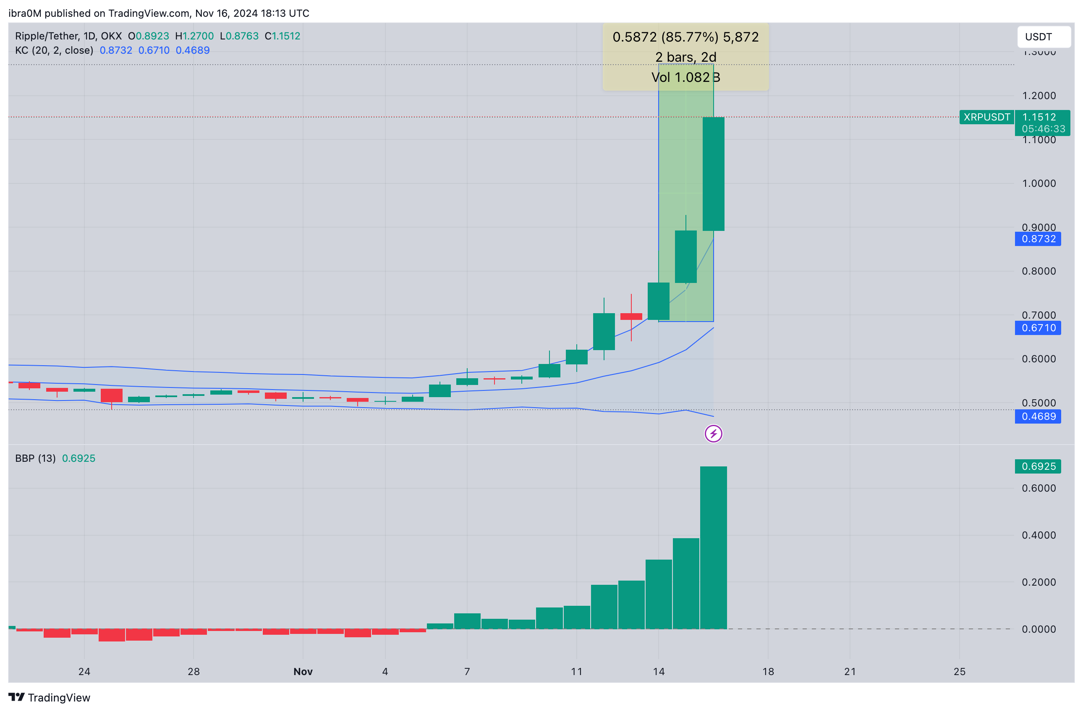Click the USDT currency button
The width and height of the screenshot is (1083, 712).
(1043, 37)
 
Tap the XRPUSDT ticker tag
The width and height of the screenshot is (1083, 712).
(986, 117)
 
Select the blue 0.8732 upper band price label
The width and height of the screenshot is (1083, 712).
(1038, 239)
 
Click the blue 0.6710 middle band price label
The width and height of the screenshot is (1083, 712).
(1038, 327)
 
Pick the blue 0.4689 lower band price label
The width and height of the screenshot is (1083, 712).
(1038, 416)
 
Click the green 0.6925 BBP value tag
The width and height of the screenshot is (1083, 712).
(1038, 466)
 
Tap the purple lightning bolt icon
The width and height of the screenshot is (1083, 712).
(713, 434)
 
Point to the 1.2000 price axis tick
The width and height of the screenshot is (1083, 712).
(1039, 96)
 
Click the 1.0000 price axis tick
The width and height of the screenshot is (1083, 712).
(1039, 183)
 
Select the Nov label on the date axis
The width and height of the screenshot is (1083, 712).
(303, 672)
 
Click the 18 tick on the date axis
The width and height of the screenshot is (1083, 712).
(768, 672)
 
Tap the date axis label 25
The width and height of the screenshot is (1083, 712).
(959, 672)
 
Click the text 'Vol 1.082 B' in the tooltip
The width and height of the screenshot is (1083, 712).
(685, 77)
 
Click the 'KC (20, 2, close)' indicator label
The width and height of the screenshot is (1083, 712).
(54, 50)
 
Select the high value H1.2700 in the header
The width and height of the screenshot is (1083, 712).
(194, 36)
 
